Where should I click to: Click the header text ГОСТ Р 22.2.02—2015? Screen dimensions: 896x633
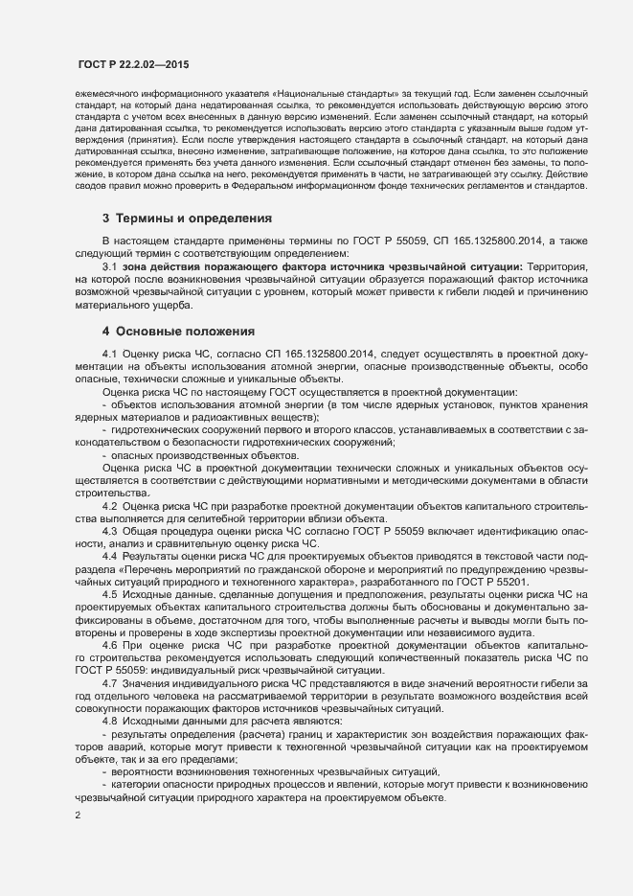click(134, 64)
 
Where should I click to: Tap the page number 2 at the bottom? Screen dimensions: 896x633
click(78, 816)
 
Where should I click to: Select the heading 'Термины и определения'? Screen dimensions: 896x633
click(195, 218)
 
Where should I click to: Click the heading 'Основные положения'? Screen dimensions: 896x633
click(186, 331)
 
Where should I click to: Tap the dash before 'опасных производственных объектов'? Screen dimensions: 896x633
click(104, 455)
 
